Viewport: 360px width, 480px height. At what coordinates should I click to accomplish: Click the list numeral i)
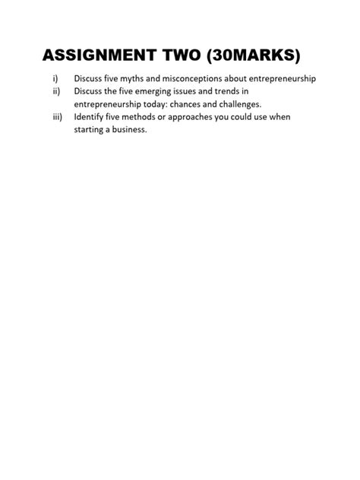[55, 78]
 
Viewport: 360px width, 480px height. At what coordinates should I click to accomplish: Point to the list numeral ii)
[55, 91]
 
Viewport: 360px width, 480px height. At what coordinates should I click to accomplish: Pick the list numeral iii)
[56, 117]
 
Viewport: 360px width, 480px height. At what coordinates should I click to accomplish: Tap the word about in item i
[250, 78]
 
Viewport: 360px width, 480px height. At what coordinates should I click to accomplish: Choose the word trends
[233, 91]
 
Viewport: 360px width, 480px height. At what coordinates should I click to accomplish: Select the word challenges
[242, 104]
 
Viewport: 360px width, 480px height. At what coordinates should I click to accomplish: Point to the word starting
[90, 130]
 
